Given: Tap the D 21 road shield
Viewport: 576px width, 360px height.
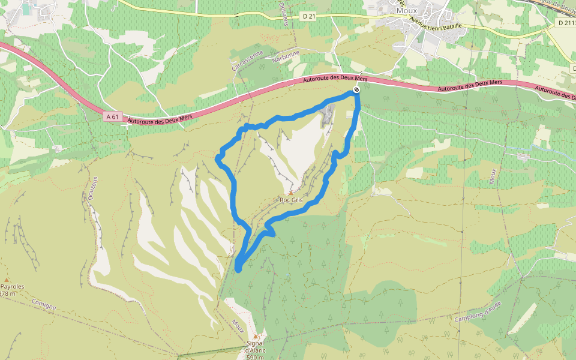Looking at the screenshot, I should tap(308, 16).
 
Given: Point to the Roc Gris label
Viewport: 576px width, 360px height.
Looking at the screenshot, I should tap(291, 200).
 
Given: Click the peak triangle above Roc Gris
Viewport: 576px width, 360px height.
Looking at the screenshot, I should tap(292, 193).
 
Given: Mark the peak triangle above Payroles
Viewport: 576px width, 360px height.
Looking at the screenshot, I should tap(7, 280).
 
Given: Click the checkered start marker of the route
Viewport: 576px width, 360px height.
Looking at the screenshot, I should tap(356, 90).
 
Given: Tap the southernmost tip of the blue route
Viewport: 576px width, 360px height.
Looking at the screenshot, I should tap(238, 270).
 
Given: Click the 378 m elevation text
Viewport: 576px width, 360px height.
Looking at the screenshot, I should tap(8, 294).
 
